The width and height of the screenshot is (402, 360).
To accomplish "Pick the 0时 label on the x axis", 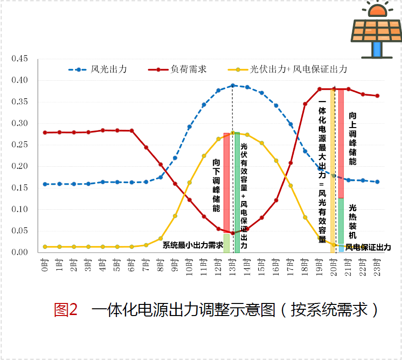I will (45, 264).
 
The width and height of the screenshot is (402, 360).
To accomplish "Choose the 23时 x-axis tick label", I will (377, 265).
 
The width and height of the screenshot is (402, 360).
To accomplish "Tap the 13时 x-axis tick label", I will (233, 265).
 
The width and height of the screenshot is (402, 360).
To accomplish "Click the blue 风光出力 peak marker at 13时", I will (233, 86).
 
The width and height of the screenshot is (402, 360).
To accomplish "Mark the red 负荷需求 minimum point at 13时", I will (233, 233).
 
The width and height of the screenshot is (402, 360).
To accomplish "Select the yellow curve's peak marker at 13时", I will (233, 133).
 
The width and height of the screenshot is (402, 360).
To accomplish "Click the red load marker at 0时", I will (45, 132).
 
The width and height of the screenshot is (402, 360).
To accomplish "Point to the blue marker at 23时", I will (377, 182).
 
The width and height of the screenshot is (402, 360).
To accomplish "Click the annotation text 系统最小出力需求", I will (192, 245).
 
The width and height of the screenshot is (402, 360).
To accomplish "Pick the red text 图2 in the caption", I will (66, 309).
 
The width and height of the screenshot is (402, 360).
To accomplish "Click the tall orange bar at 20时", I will (333, 169).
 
